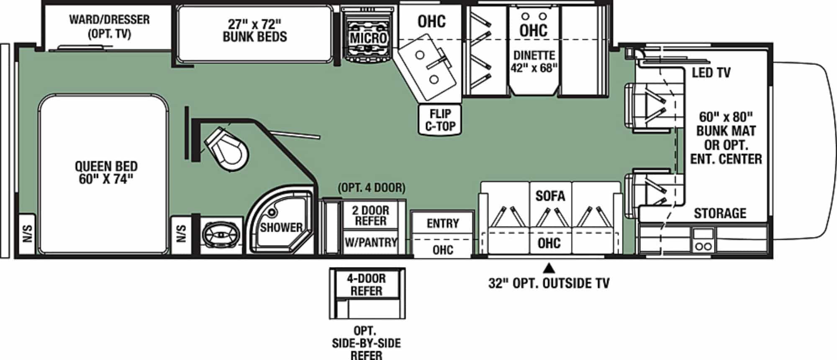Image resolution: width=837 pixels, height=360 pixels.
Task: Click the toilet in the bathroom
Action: click(x=226, y=149)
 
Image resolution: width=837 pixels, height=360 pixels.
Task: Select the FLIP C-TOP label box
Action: click(x=440, y=120)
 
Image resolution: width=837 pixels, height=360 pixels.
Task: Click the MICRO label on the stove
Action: click(x=368, y=38)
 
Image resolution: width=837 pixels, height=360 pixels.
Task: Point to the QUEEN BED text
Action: click(x=106, y=172)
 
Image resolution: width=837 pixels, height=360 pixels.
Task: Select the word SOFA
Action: click(x=550, y=196)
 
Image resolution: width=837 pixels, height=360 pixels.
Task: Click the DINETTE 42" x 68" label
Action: click(x=534, y=62)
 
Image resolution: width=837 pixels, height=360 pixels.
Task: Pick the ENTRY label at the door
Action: click(x=442, y=224)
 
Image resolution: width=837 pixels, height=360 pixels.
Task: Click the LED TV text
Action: click(x=711, y=73)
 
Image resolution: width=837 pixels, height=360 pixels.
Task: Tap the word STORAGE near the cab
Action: click(x=720, y=213)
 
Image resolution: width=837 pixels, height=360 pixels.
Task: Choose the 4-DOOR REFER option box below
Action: click(x=366, y=285)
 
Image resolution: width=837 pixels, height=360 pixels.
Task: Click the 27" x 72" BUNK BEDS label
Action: click(x=254, y=31)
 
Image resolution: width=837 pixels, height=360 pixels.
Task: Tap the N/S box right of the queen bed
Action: click(x=181, y=234)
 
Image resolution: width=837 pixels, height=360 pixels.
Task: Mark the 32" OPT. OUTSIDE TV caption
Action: click(x=549, y=283)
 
